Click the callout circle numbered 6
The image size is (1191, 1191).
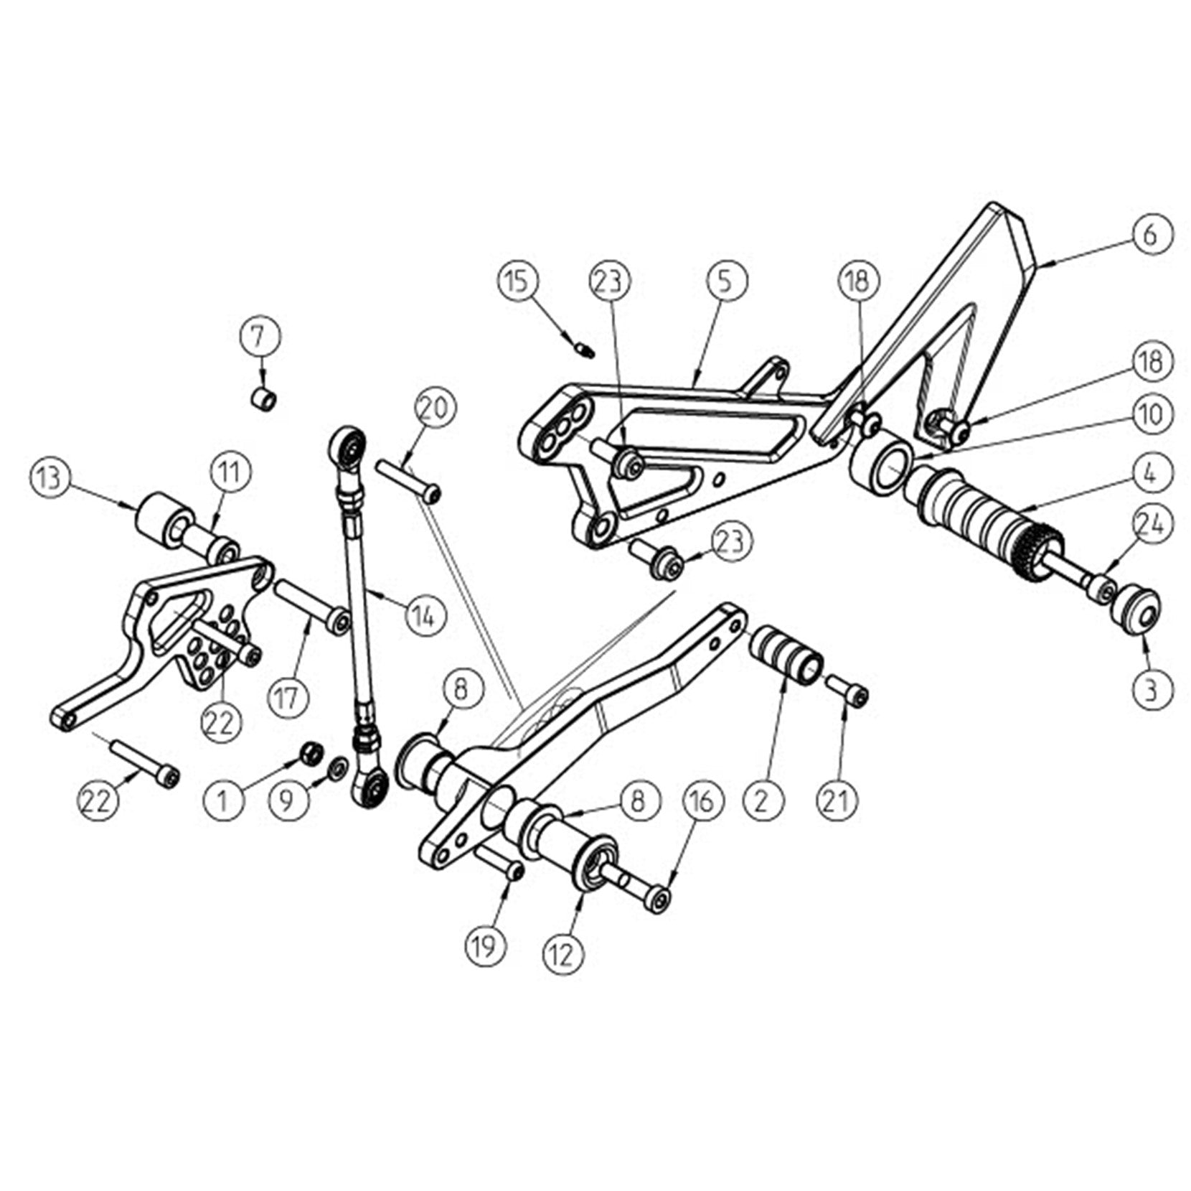click(x=1149, y=234)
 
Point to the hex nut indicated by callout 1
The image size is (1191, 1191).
click(x=311, y=753)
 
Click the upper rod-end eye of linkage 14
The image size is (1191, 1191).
click(x=348, y=447)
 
